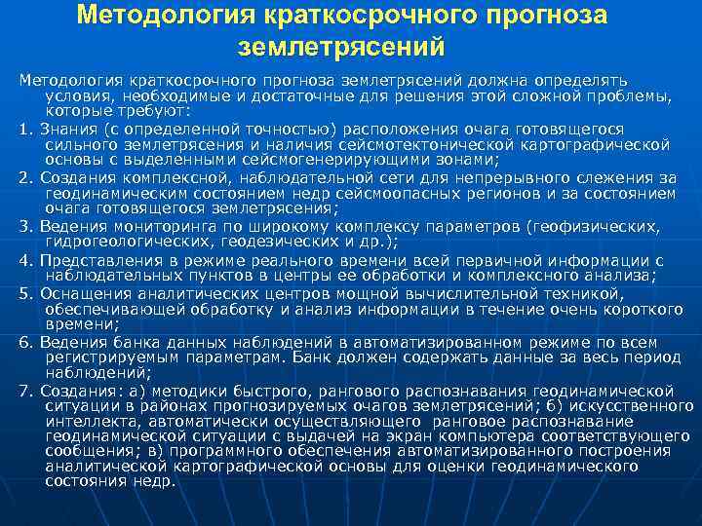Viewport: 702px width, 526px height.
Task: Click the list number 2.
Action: click(25, 178)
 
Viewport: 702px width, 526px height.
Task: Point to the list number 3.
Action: click(25, 227)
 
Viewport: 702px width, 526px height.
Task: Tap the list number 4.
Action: click(25, 261)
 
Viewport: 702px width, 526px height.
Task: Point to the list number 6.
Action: click(25, 344)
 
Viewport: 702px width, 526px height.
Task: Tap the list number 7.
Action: click(25, 393)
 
